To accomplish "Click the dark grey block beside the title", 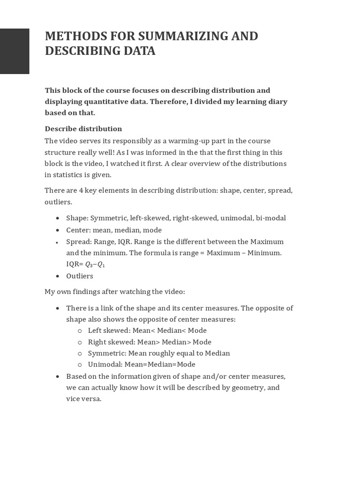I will [x=15, y=51].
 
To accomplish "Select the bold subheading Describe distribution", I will [x=83, y=129].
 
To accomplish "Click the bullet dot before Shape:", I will [x=57, y=218].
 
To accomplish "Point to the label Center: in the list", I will [x=78, y=230].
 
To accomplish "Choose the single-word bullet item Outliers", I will [x=80, y=276].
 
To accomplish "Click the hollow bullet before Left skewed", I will [x=80, y=331].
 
